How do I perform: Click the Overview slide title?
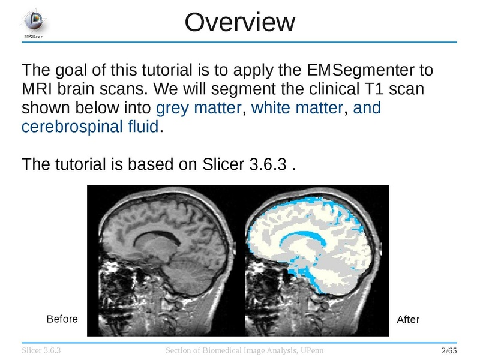[240, 23]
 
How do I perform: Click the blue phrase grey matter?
[199, 109]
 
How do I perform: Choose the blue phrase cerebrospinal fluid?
[91, 127]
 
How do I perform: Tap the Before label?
[62, 319]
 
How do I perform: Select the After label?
[408, 320]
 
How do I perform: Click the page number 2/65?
[449, 350]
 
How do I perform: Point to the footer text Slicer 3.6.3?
[43, 350]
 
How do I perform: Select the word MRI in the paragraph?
[38, 89]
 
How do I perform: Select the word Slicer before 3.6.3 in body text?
[220, 164]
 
